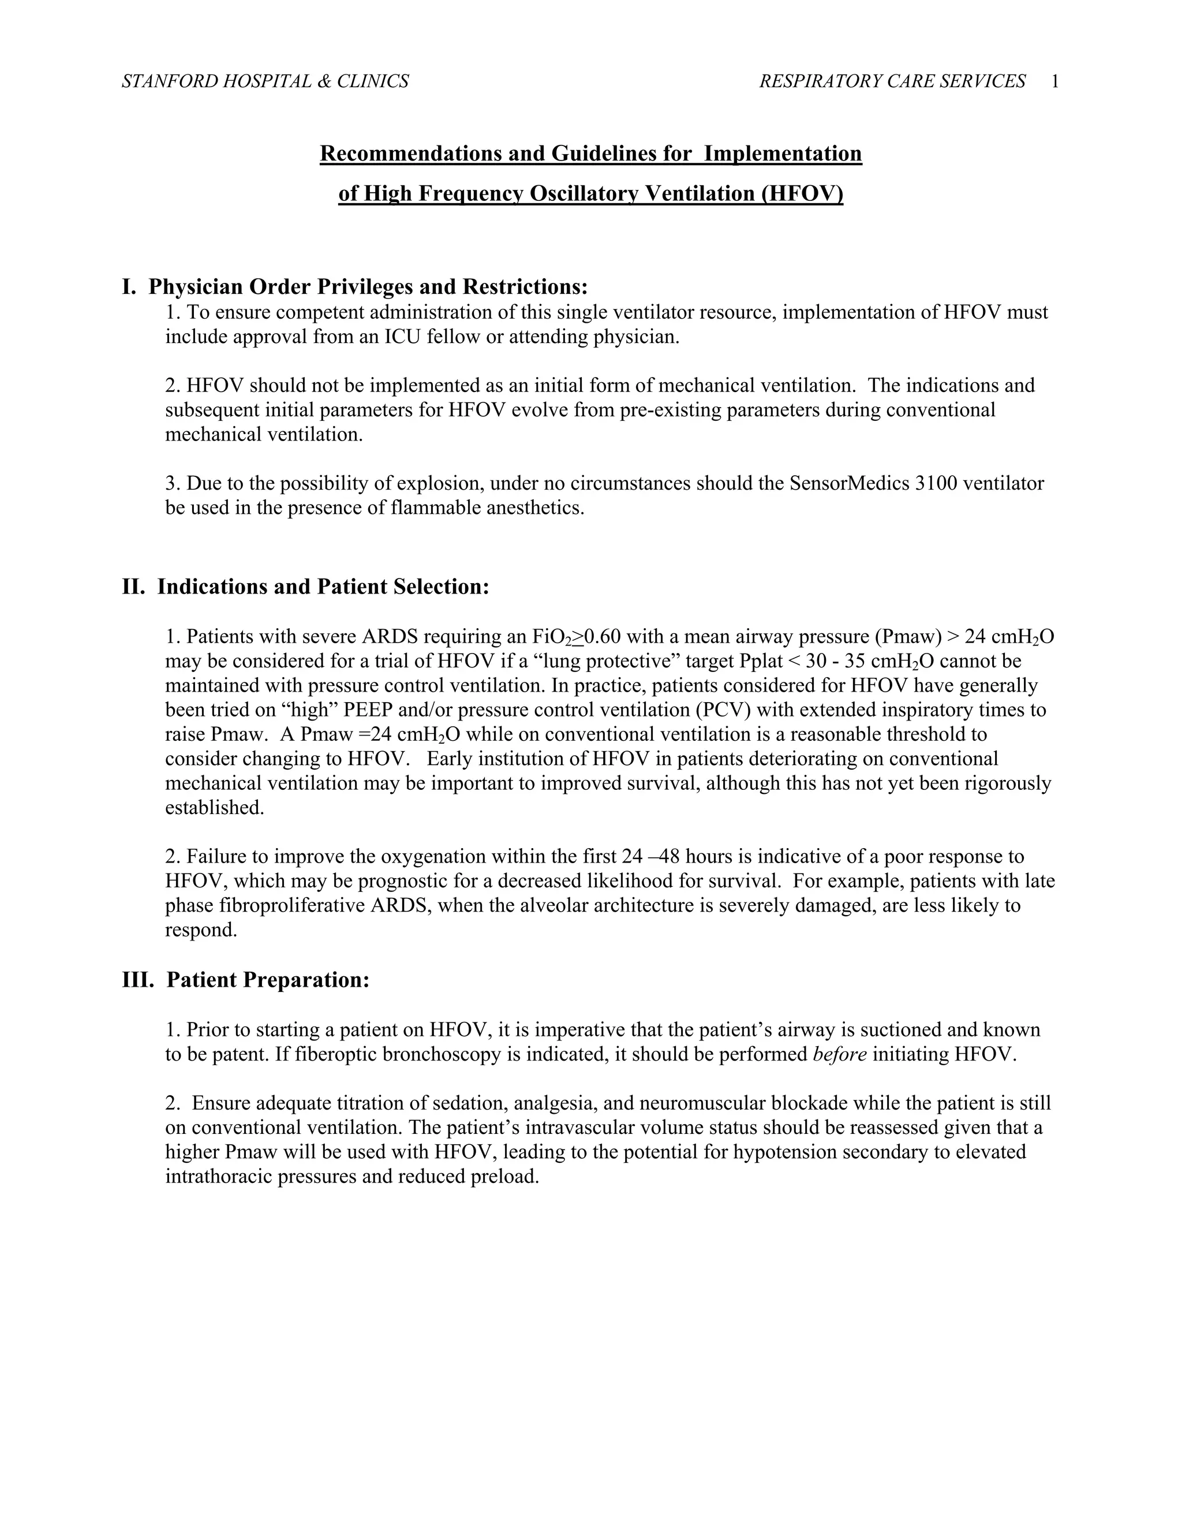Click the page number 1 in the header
pyautogui.click(x=1054, y=82)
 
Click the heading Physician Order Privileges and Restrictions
pyautogui.click(x=368, y=286)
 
